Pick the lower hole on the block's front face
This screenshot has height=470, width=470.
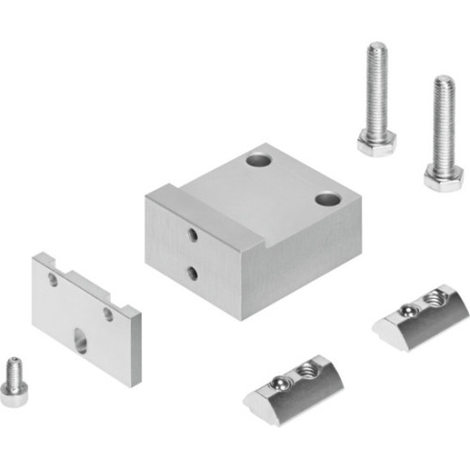(x=192, y=273)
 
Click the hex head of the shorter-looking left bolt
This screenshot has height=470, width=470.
(x=377, y=143)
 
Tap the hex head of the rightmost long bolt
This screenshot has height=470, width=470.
(x=442, y=175)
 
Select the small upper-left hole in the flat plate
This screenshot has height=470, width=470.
(x=54, y=279)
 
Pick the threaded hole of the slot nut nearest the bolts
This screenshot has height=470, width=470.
(x=434, y=299)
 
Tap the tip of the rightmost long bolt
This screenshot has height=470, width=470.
(x=441, y=81)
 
